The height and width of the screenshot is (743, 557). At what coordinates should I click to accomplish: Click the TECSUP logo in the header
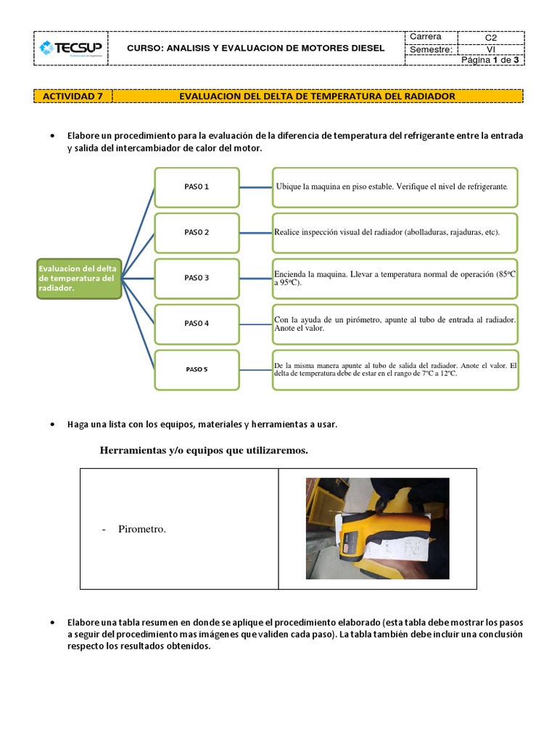(x=71, y=49)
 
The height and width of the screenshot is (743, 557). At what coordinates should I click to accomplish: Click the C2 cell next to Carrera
(x=491, y=38)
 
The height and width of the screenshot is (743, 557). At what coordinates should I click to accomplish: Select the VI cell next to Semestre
(x=491, y=49)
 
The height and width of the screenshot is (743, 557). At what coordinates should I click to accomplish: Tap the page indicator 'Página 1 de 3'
(x=491, y=60)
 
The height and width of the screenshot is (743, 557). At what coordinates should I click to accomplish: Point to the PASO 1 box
(x=196, y=187)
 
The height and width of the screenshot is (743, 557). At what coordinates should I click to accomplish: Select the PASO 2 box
(x=196, y=232)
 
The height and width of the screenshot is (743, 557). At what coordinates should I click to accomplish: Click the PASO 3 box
(x=196, y=278)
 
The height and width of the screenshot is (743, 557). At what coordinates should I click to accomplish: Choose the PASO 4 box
(x=196, y=323)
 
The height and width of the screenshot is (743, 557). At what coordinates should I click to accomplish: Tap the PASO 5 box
(x=196, y=369)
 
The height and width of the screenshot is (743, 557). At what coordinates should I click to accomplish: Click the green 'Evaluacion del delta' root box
(x=78, y=278)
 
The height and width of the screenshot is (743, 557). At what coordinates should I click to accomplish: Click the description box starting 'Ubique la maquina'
(x=395, y=187)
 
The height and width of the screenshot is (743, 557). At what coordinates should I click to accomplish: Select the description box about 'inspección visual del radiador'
(x=395, y=232)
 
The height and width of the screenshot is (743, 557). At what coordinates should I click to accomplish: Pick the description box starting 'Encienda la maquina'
(x=395, y=278)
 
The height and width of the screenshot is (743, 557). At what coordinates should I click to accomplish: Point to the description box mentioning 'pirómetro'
(x=395, y=323)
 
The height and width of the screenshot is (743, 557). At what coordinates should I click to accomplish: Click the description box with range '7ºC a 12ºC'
(x=395, y=369)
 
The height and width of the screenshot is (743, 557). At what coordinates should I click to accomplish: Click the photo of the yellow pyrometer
(x=377, y=528)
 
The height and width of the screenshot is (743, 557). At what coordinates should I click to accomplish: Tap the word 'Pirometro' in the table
(x=141, y=530)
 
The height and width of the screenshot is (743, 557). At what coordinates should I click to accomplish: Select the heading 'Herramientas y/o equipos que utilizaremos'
(x=204, y=451)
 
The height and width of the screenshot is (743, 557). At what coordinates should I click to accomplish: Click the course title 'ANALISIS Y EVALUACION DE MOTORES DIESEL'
(x=256, y=49)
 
